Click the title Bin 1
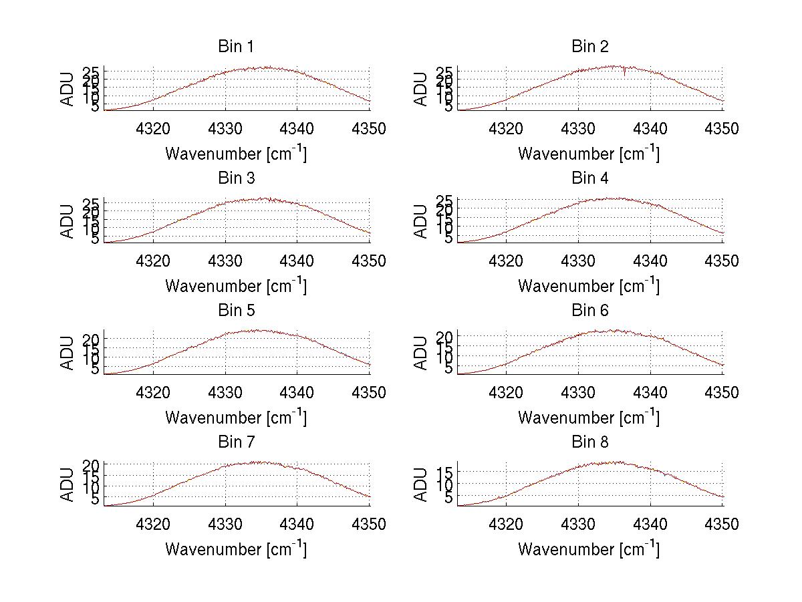point(236,47)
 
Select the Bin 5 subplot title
point(236,311)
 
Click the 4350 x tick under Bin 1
point(369,129)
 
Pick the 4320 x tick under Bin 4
point(507,261)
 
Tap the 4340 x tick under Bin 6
point(650,393)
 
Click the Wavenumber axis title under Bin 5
point(236,418)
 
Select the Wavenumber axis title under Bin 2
point(589,154)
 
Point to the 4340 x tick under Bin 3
point(297,261)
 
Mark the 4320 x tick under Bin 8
point(507,524)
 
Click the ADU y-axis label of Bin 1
point(68,89)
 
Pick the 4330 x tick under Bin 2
point(578,129)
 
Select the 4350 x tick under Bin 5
point(369,393)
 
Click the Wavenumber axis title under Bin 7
point(236,549)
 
